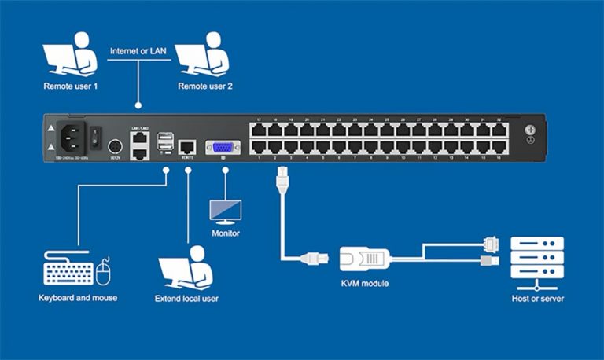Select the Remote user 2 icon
(202, 58)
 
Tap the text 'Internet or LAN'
(138, 50)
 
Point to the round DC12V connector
(114, 147)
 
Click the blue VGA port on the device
(223, 147)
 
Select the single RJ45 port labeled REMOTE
(188, 146)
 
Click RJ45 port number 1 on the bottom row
(259, 146)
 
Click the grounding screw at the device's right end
(531, 130)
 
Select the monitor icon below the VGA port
(225, 211)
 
